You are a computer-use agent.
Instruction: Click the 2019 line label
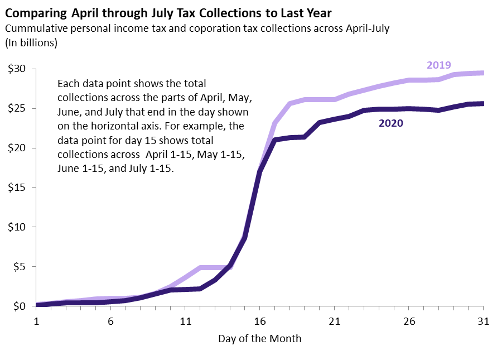(438, 65)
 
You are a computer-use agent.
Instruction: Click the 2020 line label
(390, 123)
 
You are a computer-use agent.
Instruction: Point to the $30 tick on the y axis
(17, 69)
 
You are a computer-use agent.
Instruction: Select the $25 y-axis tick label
(17, 108)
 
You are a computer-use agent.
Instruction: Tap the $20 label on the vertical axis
(17, 148)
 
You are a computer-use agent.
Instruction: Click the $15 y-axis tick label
(17, 188)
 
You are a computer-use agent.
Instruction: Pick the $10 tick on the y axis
(17, 227)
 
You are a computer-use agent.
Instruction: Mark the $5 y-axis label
(20, 267)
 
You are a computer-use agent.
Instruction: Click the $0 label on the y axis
(20, 306)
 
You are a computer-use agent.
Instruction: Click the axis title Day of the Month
(260, 339)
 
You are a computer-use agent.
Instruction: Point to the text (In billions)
(31, 42)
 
